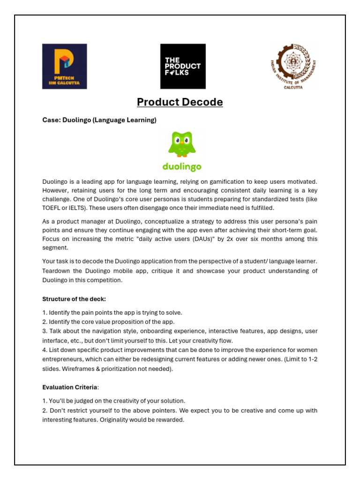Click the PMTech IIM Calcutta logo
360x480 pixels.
(x=64, y=66)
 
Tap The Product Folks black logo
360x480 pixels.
(x=183, y=66)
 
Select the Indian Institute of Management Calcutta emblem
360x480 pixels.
(x=293, y=67)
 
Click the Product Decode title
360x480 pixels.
(x=180, y=102)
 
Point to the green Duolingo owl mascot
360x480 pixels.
(x=182, y=145)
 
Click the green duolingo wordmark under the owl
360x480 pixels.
(x=182, y=166)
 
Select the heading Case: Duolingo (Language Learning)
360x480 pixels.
(x=99, y=120)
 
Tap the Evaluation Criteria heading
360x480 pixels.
(x=70, y=387)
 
